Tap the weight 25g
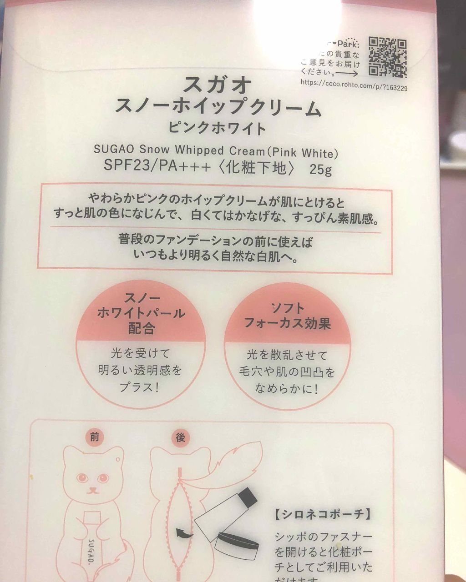[x=320, y=170]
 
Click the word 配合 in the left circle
[x=142, y=329]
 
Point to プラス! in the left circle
[x=141, y=387]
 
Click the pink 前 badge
[x=94, y=438]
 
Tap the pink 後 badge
[x=179, y=438]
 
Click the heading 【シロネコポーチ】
[x=322, y=515]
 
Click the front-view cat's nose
[x=94, y=491]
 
